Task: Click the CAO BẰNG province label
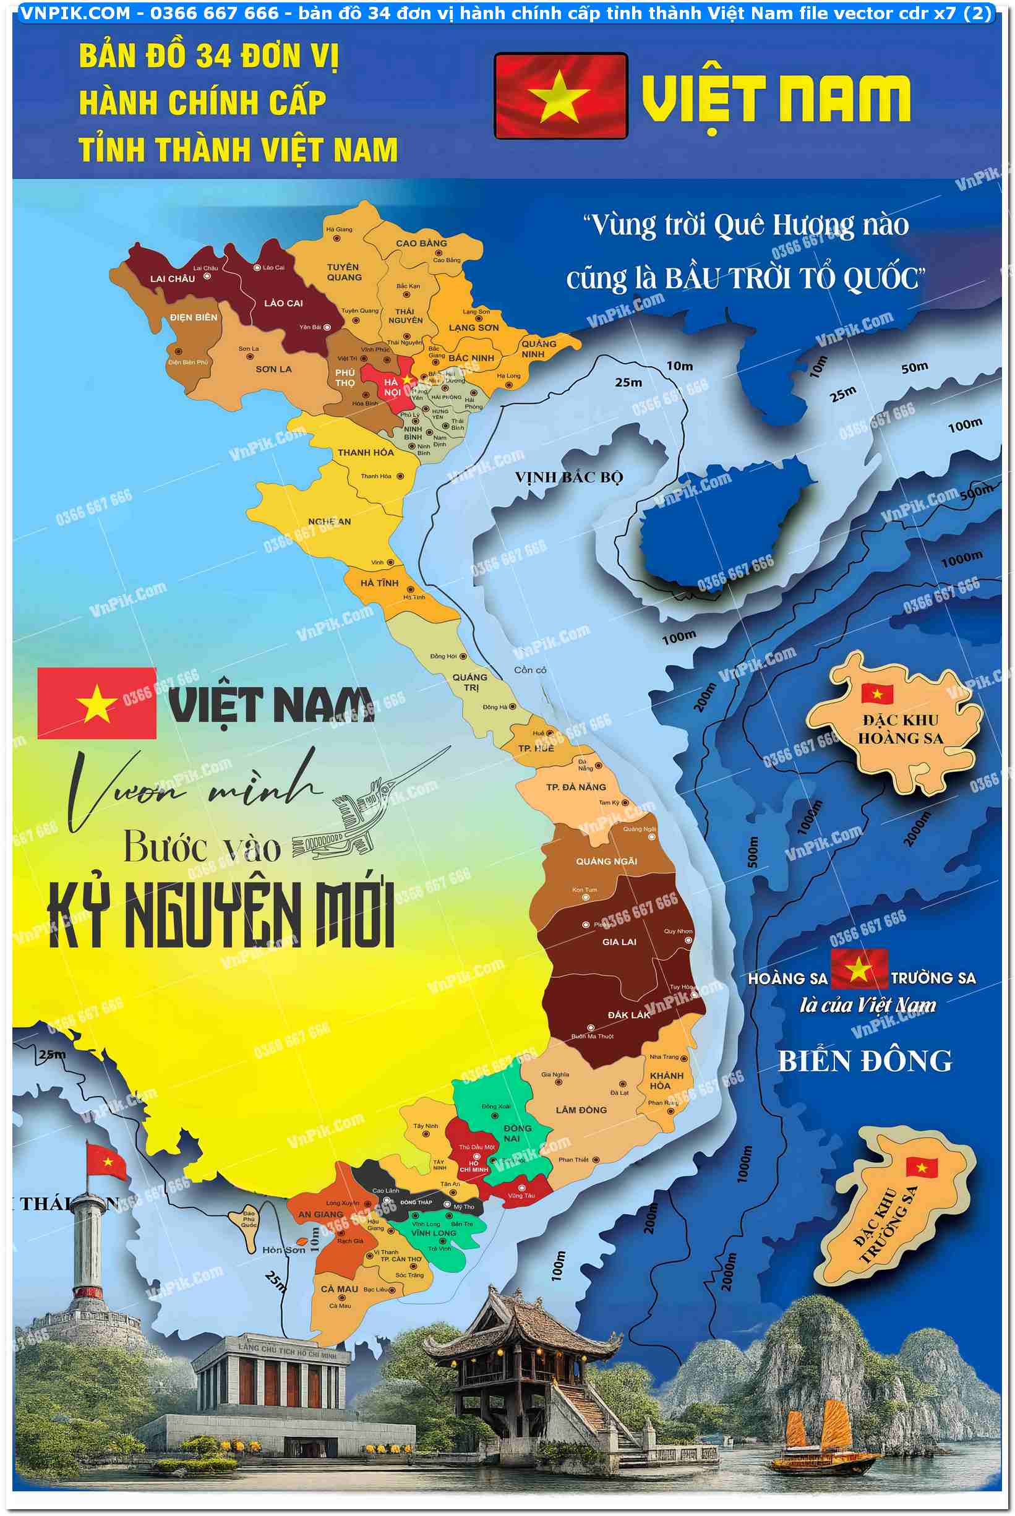[x=421, y=243]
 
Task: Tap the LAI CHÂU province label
[x=172, y=279]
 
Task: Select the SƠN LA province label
[x=273, y=369]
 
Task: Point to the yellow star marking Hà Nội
[x=407, y=379]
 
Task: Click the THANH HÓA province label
[x=365, y=453]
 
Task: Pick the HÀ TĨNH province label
[x=379, y=583]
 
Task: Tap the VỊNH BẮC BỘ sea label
[x=568, y=477]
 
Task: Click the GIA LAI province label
[x=619, y=942]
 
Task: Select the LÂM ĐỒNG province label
[x=581, y=1110]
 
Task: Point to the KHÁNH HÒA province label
[x=666, y=1081]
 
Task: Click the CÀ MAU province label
[x=339, y=1289]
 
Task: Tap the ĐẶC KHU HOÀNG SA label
[x=900, y=729]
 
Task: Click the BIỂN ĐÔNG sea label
[x=865, y=1061]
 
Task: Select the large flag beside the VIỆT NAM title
[x=560, y=96]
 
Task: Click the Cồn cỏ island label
[x=529, y=670]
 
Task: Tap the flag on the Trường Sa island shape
[x=921, y=1167]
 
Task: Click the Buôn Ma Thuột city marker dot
[x=590, y=1027]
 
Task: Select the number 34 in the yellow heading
[x=213, y=57]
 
